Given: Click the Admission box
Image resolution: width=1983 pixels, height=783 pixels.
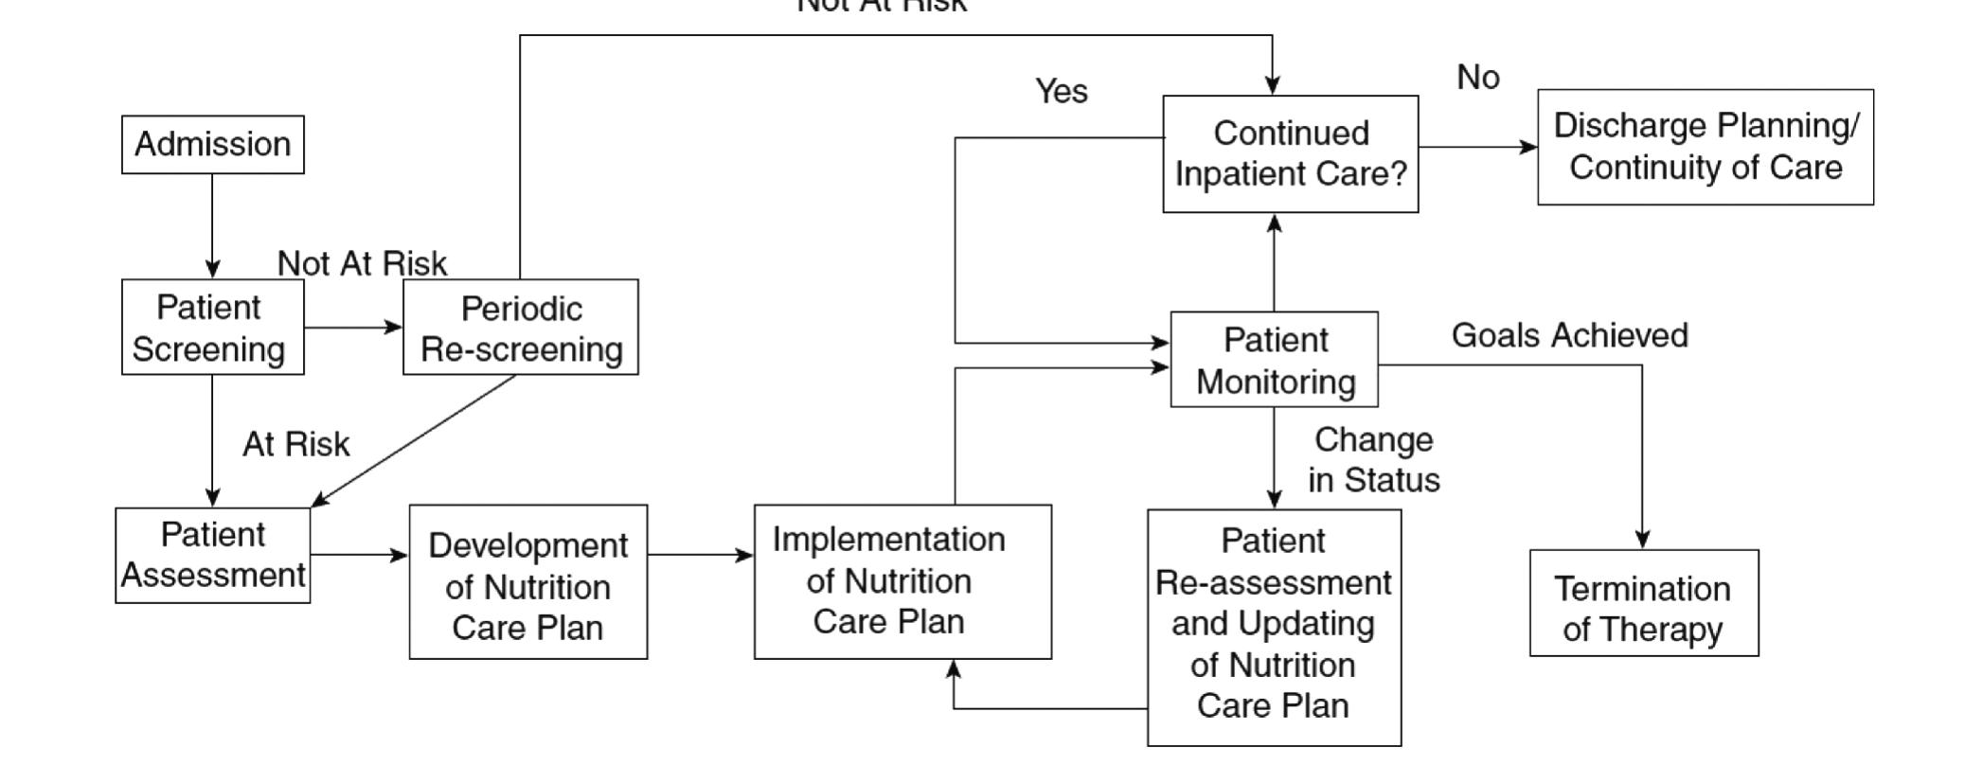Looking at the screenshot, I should coord(213,145).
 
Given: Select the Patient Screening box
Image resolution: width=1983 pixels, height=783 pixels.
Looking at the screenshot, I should coord(212,328).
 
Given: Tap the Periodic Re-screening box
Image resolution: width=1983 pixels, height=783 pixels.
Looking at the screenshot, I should coord(521,328).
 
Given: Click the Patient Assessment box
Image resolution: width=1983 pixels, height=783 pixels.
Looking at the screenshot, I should coord(213,555).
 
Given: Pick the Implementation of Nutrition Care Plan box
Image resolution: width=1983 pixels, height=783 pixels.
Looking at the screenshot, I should coord(902,581).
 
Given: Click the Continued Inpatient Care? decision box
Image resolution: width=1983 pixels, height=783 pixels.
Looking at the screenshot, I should coord(1291,154).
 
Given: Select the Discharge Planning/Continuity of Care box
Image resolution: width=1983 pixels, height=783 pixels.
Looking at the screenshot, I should coord(1706,147).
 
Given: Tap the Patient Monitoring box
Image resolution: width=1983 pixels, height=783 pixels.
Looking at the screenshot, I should coord(1275,360).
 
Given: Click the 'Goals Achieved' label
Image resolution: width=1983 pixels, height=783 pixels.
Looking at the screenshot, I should coord(1570,335).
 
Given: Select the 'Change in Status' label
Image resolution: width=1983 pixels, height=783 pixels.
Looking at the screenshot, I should coord(1374,460).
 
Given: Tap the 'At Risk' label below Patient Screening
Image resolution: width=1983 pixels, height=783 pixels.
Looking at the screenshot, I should coord(296,444).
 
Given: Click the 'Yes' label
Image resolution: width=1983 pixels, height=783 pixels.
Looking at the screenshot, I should coord(1062,92).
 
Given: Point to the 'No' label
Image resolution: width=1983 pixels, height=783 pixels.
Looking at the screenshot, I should coord(1478,78).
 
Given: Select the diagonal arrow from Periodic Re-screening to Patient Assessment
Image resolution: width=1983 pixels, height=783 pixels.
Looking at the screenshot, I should coord(415,440).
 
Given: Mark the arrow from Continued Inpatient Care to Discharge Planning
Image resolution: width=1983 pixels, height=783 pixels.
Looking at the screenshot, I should coord(1477,147).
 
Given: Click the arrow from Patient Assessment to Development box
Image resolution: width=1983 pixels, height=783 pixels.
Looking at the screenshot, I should coord(359,555).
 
